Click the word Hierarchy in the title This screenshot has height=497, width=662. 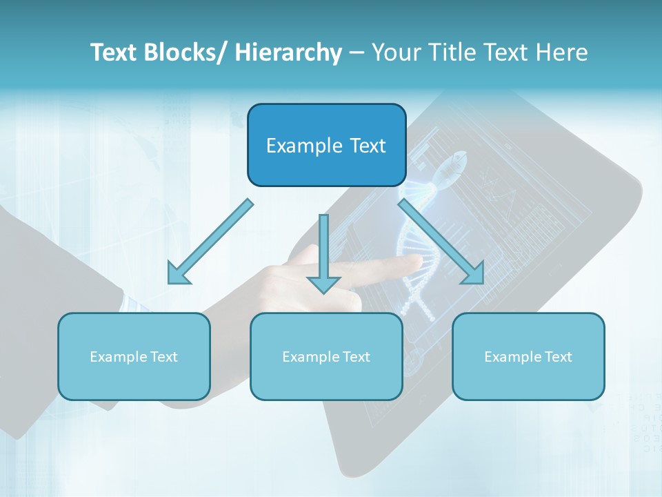(288, 52)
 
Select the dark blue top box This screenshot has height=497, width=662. (326, 145)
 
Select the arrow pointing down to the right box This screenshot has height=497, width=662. (441, 242)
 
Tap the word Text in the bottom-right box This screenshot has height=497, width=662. (557, 357)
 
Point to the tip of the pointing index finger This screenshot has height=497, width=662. (418, 261)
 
